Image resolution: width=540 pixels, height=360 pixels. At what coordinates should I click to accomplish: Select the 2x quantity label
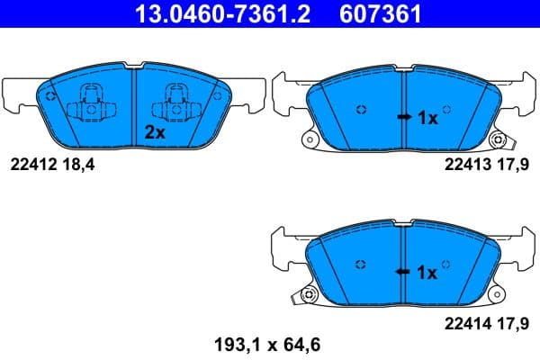point(155,131)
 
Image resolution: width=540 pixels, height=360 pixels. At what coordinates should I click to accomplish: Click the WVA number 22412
point(32,165)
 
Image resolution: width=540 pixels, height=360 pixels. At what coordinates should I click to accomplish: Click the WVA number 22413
point(466,165)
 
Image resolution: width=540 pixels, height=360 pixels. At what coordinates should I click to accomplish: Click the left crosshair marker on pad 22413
point(361,111)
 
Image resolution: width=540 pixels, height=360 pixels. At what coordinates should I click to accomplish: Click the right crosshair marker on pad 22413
point(449,111)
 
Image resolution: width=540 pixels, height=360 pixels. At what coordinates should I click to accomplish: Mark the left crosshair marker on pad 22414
point(361,265)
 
